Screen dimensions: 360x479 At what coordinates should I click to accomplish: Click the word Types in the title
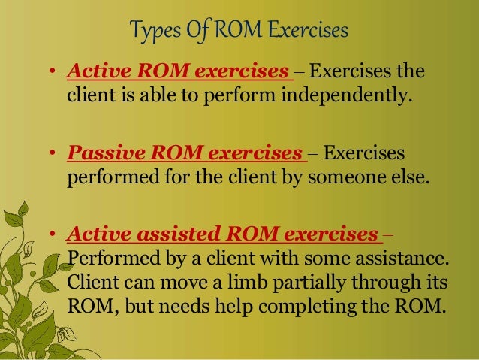153,32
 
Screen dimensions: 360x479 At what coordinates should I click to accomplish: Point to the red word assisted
166,236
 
